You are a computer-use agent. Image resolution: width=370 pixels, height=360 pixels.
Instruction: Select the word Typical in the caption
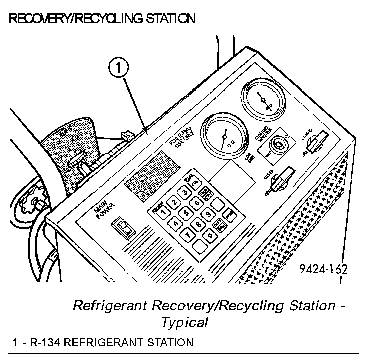tap(184, 322)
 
